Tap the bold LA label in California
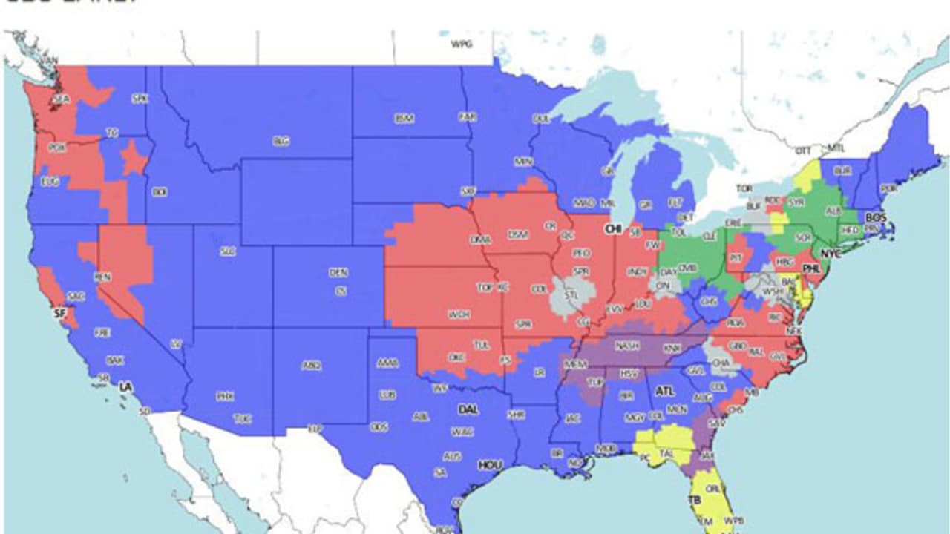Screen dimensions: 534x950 127,387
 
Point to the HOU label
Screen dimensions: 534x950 490,465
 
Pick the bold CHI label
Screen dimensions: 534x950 613,229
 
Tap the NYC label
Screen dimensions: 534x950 833,254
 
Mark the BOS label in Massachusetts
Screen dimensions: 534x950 876,217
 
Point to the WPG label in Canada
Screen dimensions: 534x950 462,44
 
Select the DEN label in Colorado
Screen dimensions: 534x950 338,273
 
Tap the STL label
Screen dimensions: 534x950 571,294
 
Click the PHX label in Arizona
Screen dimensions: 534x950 225,397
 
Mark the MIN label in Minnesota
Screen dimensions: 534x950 524,161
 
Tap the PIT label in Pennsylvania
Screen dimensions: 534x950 735,258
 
